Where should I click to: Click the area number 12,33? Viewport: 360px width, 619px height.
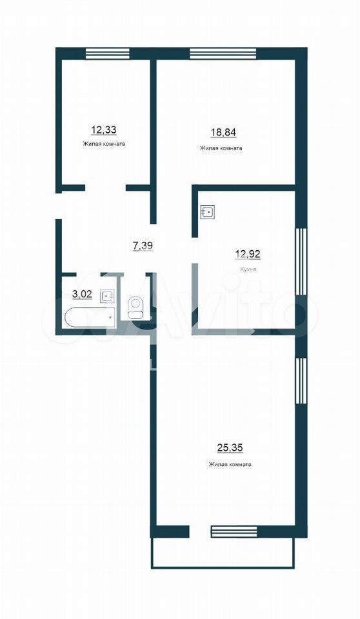point(103,130)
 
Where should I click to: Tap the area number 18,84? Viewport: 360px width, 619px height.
point(223,132)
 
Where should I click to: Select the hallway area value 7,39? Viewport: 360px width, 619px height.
point(143,246)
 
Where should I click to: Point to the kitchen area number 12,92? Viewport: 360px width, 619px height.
point(248,254)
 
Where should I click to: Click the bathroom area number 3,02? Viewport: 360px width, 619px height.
point(82,294)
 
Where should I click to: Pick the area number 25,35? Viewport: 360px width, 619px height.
point(230,448)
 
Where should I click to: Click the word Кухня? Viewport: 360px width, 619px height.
point(248,270)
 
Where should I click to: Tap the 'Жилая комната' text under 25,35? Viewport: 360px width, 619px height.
point(230,465)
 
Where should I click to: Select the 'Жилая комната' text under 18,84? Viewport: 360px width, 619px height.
point(221,148)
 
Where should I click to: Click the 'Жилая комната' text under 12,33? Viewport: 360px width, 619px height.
point(104,144)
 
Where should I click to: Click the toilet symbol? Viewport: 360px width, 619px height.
point(136,307)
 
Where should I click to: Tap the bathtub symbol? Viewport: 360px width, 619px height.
point(90,318)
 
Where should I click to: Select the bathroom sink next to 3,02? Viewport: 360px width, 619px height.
point(108,296)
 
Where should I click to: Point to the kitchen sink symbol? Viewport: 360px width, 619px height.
point(208,212)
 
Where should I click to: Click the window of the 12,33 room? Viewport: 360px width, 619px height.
point(108,54)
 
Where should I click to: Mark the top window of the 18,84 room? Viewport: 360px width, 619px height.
point(223,54)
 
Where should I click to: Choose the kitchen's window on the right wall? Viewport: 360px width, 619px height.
point(301,261)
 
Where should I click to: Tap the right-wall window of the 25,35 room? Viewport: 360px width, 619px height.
point(301,381)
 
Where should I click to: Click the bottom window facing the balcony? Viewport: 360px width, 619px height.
point(235,531)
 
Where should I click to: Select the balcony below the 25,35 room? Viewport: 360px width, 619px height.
point(223,553)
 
